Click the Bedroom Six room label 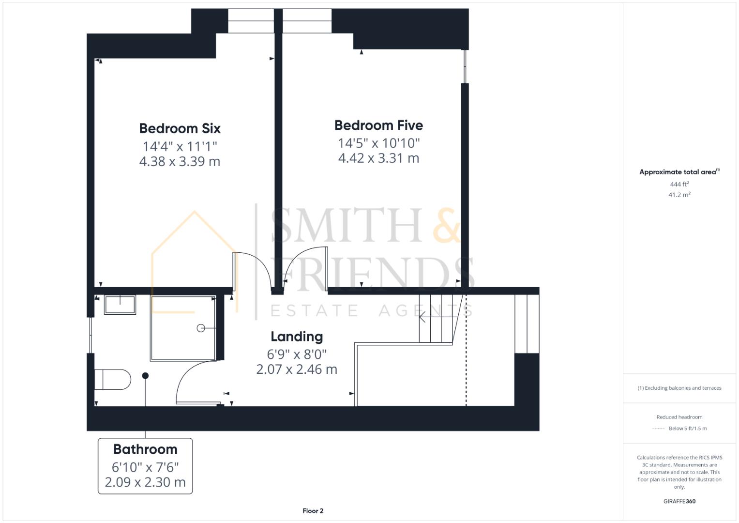(180, 128)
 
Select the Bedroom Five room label (378, 125)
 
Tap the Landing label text (296, 337)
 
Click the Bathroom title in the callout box (145, 449)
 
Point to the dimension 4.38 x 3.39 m (180, 161)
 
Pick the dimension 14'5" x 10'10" (378, 143)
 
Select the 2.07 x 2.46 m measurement (296, 369)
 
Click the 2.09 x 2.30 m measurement (145, 482)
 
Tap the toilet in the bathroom (113, 380)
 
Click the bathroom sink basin (120, 305)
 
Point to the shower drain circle (201, 328)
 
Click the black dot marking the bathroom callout (145, 376)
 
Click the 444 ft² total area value (679, 184)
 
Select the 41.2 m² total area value (679, 195)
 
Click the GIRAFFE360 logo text (679, 501)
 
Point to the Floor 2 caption (313, 511)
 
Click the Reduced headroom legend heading (679, 417)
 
